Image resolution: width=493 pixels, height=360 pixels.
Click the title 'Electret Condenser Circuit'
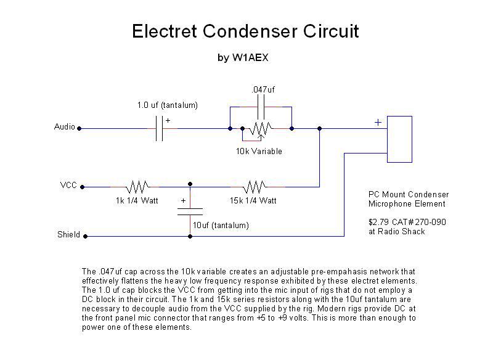click(x=245, y=31)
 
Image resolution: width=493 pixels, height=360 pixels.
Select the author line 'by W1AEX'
click(x=243, y=59)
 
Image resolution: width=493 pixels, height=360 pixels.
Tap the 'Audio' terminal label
click(x=65, y=127)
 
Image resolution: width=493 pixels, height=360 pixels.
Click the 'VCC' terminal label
click(x=68, y=185)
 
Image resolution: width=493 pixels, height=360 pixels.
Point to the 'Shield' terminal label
click(x=68, y=235)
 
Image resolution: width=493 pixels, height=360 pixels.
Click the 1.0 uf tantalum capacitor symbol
click(x=159, y=128)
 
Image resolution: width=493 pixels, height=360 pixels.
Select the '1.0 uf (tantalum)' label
click(x=167, y=105)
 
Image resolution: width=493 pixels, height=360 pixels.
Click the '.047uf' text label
click(x=263, y=89)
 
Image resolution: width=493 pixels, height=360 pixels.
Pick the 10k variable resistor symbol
click(x=259, y=129)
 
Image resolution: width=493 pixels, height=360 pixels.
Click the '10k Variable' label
click(x=259, y=151)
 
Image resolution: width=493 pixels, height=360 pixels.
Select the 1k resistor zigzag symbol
click(x=138, y=186)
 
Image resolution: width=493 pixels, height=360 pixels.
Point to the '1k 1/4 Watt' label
click(x=137, y=200)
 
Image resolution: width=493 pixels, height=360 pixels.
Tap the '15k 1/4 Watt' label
click(x=253, y=200)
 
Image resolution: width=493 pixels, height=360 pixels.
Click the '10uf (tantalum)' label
click(x=221, y=226)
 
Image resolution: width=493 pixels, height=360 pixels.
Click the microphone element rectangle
click(x=399, y=139)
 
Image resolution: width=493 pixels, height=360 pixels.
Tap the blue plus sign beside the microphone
click(x=378, y=122)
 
